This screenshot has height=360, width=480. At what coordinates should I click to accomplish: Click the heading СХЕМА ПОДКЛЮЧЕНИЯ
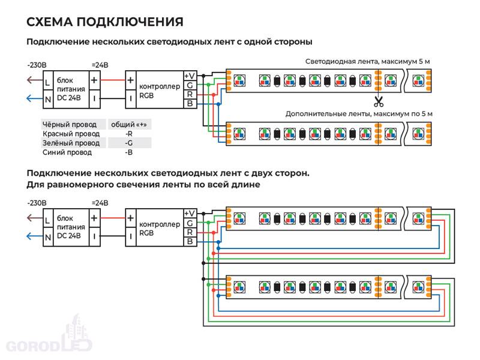click(x=105, y=22)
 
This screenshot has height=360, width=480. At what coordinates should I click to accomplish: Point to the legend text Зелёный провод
click(x=70, y=143)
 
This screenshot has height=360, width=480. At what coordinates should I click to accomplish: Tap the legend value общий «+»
click(x=128, y=124)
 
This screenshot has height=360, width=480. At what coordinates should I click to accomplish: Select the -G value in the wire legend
click(x=128, y=143)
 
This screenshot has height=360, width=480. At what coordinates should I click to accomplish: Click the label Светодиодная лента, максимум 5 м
click(x=367, y=62)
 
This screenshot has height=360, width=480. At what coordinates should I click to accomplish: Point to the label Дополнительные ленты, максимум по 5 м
click(x=359, y=113)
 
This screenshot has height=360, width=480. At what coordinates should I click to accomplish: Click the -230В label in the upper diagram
click(x=37, y=65)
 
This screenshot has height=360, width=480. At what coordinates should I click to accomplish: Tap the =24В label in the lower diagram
click(x=100, y=202)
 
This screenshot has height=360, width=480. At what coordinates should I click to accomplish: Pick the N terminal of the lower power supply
click(x=47, y=238)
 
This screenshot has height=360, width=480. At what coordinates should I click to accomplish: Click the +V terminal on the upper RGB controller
click(x=190, y=76)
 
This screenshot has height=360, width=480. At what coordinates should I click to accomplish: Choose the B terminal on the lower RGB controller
click(x=190, y=241)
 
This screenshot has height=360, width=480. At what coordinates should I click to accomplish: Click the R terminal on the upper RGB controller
click(x=190, y=94)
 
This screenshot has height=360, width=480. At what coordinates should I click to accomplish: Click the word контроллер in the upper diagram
click(x=159, y=86)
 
